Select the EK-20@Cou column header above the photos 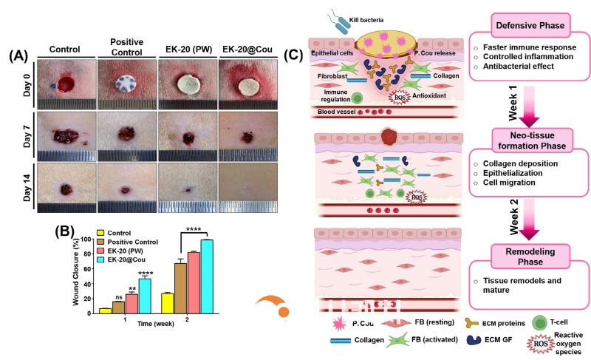point(247,49)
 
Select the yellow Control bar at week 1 point(105,310)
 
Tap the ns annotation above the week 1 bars point(118,298)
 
